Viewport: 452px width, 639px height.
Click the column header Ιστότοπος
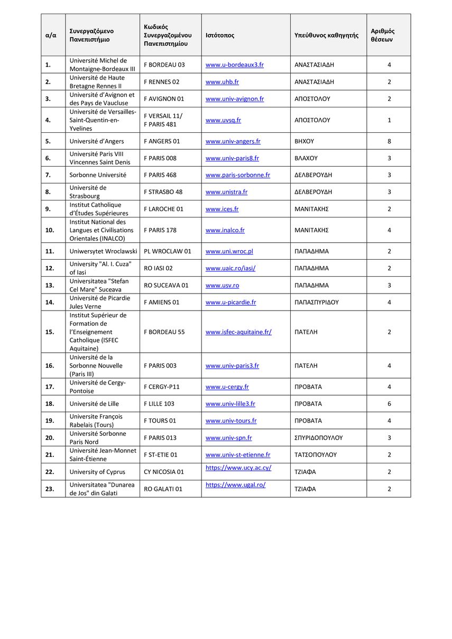point(220,35)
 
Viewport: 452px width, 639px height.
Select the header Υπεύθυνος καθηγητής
point(326,35)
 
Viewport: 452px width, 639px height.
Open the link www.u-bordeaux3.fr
point(234,65)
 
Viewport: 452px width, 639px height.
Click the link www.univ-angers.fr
point(233,141)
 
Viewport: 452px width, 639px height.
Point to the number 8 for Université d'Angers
point(389,141)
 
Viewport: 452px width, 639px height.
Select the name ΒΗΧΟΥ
point(304,141)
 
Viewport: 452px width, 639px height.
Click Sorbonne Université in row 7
point(98,175)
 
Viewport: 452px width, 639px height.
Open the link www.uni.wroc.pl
point(229,251)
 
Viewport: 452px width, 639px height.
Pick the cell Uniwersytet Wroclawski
point(103,251)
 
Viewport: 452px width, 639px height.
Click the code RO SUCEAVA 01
point(166,285)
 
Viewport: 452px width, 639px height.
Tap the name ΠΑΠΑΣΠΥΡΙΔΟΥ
point(316,302)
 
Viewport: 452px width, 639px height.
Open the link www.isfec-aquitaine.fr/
point(238,332)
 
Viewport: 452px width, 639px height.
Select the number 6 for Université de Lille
point(389,404)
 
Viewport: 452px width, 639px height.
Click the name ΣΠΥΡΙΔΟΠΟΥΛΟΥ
point(318,437)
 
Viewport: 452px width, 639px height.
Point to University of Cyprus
point(97,472)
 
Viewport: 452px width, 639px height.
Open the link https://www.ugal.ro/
point(235,485)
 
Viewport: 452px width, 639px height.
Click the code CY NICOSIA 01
point(164,472)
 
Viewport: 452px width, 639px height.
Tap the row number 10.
point(50,230)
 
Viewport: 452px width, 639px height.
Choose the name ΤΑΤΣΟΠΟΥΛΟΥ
point(315,454)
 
